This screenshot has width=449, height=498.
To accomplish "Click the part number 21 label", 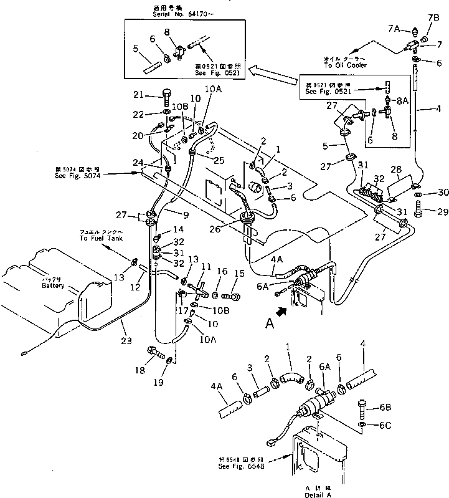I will (x=138, y=95).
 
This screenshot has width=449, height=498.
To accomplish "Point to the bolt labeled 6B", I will (x=363, y=408).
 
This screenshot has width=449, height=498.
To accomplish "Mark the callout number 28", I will (x=395, y=170).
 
